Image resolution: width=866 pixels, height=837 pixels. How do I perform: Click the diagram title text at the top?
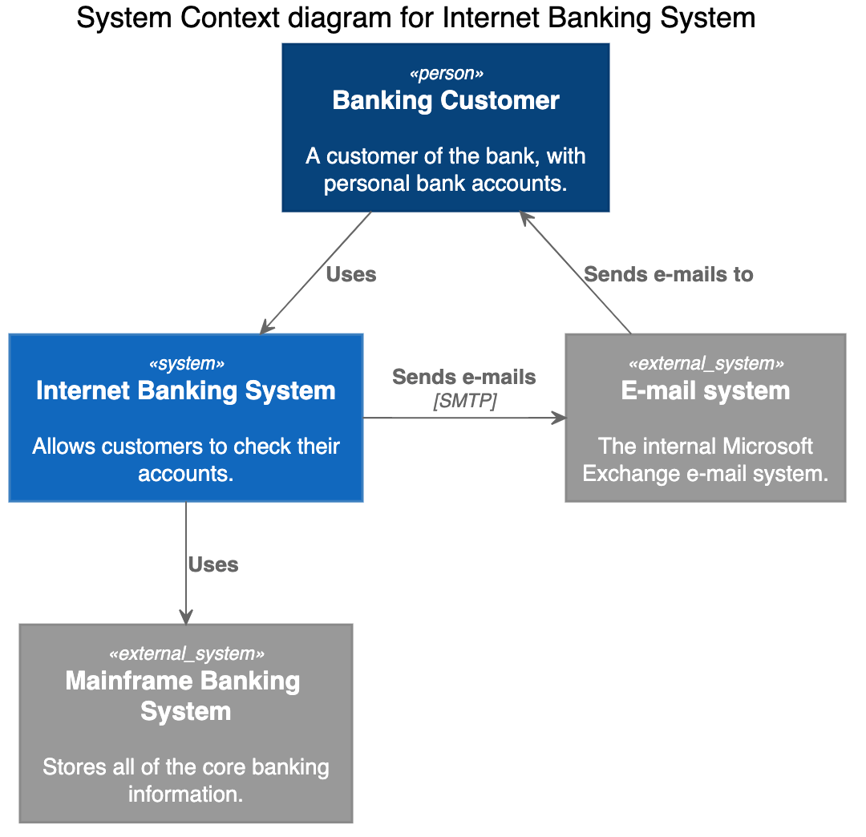(x=415, y=18)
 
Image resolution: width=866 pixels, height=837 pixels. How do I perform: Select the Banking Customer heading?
(x=446, y=101)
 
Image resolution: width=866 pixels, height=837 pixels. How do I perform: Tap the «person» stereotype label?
(x=446, y=74)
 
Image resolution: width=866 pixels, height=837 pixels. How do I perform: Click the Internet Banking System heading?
(x=186, y=391)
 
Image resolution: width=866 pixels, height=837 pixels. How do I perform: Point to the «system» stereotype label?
(x=186, y=364)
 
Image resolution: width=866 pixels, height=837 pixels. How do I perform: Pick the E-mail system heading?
(x=706, y=391)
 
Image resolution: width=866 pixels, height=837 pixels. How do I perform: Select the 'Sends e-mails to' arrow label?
(x=668, y=275)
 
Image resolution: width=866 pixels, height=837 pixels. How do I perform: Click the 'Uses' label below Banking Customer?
(x=350, y=275)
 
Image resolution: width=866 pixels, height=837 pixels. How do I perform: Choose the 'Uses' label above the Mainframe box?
(x=212, y=565)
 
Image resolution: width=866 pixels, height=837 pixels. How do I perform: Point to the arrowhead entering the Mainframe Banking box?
(x=186, y=617)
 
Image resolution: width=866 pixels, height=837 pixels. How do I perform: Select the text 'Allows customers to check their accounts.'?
(x=186, y=460)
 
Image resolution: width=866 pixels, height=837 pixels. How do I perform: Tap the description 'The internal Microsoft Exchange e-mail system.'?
(x=706, y=460)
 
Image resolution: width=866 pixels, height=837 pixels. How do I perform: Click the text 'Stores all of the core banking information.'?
(x=186, y=781)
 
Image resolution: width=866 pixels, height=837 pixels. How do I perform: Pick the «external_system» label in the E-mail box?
(x=706, y=364)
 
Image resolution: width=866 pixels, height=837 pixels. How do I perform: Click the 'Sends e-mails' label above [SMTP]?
(x=463, y=377)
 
